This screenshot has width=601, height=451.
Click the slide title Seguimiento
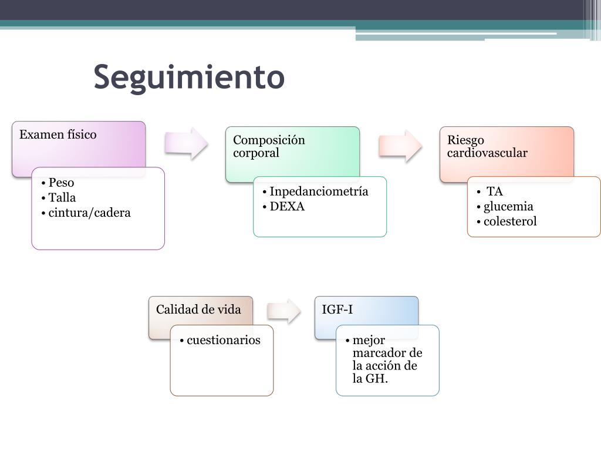(x=189, y=77)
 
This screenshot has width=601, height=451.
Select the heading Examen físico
(x=58, y=134)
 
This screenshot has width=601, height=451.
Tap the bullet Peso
(x=61, y=183)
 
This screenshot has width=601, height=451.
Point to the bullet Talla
(x=62, y=198)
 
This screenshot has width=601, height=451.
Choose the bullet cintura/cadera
(x=89, y=213)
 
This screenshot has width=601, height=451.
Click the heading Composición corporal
(x=269, y=146)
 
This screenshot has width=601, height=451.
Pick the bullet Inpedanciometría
(x=319, y=191)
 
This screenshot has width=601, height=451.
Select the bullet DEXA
(x=287, y=207)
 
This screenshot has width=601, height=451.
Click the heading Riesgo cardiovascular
(x=487, y=146)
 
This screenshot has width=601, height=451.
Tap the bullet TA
(x=495, y=191)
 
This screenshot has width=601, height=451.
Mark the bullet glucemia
(x=508, y=207)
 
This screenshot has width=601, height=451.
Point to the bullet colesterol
(x=510, y=222)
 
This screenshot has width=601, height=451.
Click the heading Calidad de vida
(x=198, y=309)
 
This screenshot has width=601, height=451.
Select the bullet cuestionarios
(x=224, y=340)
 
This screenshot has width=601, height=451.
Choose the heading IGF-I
(x=337, y=309)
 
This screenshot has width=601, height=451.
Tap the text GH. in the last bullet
(x=377, y=379)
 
